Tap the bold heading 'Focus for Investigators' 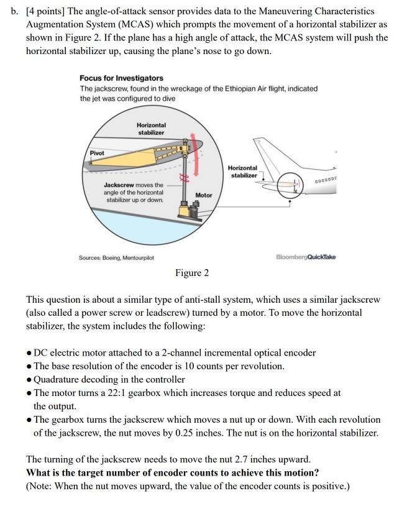[121, 78]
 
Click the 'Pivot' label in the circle [97, 153]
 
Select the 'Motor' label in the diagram [204, 195]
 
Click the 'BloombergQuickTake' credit [305, 257]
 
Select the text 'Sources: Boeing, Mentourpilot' [116, 257]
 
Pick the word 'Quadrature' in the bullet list [60, 379]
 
